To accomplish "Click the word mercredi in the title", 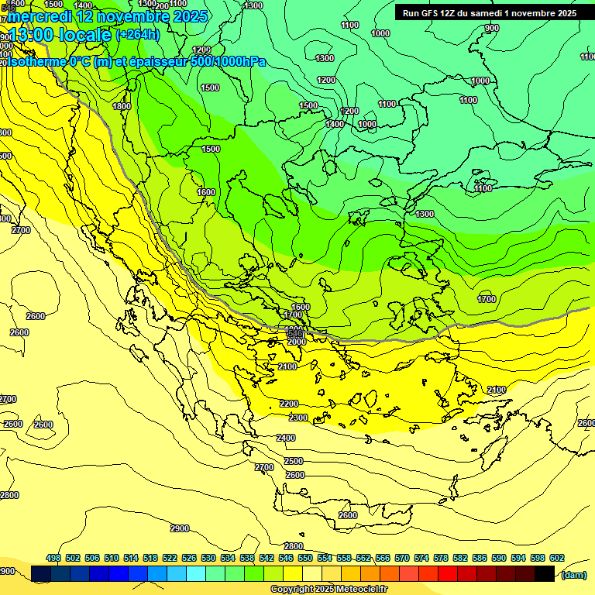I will click(x=41, y=16).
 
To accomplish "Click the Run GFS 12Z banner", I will click(x=489, y=13).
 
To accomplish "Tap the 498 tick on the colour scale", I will click(x=53, y=558).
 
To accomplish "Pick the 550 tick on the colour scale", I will click(x=304, y=558).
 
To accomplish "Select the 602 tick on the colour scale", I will click(x=556, y=558).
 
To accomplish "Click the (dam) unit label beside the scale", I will click(x=573, y=574).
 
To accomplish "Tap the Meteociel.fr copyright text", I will click(x=328, y=590).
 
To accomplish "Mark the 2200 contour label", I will click(x=289, y=404).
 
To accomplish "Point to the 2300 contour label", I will click(x=298, y=418).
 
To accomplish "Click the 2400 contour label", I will click(x=286, y=438).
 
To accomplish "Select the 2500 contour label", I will click(x=294, y=461).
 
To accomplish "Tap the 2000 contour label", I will click(x=296, y=341).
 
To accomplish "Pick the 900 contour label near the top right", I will click(x=492, y=28).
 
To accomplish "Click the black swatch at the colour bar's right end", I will click(x=545, y=573).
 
